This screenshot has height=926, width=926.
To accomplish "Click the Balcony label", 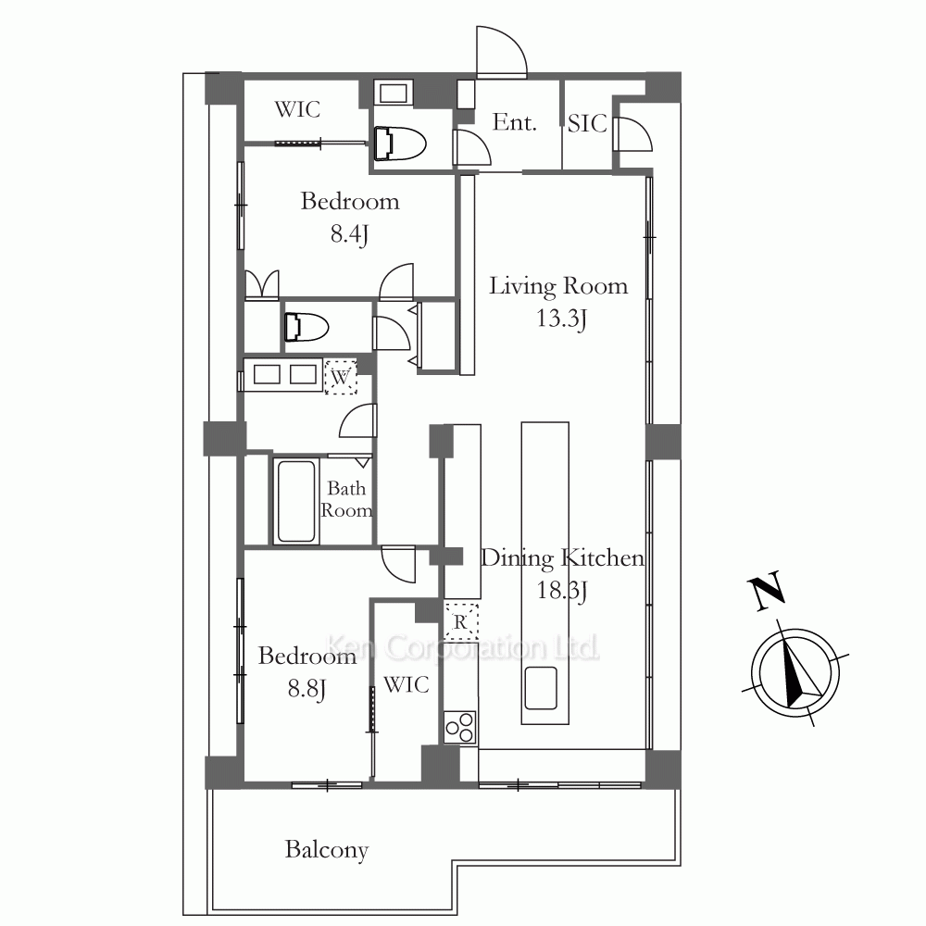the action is tap(327, 850).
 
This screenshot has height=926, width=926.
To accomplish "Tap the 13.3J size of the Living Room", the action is tap(561, 319).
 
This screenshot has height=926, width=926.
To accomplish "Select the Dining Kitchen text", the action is tap(562, 558).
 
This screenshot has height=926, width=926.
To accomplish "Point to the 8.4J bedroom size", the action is tap(350, 234).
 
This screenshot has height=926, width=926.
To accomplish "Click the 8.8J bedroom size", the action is tap(307, 689).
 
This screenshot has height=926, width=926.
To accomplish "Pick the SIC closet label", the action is tap(588, 123).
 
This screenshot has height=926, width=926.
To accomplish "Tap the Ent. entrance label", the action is tap(514, 122).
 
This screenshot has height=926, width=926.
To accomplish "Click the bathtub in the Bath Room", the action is tap(296, 501).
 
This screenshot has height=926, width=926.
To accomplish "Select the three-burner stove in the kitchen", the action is tap(460, 727).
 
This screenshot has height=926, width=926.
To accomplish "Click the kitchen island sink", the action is tap(541, 688).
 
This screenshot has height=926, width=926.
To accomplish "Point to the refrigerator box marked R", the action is tap(461, 622).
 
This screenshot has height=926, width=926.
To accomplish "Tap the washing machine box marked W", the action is tap(341, 377).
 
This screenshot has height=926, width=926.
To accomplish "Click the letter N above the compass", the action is tap(766, 591).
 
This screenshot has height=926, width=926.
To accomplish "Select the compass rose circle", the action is tap(795, 673).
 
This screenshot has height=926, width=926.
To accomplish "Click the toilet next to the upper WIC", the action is tap(400, 143).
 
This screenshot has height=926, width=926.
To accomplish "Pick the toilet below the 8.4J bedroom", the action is tap(306, 327).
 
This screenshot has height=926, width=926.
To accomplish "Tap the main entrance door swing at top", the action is tap(501, 52).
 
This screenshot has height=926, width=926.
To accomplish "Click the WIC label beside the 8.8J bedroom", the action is tap(407, 685).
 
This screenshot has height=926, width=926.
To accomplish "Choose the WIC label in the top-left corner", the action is tap(297, 109).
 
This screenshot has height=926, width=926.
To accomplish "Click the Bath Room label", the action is tap(346, 499).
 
